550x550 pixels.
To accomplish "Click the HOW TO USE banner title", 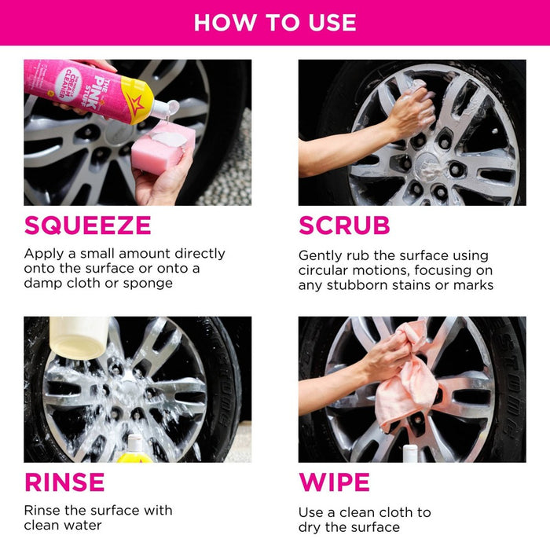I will coord(274,22).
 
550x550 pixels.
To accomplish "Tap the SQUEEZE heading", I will coord(87,225).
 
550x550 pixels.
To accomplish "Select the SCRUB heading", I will coord(344,225).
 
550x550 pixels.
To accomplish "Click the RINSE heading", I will coord(64,482).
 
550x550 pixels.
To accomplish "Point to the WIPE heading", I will coord(334,482).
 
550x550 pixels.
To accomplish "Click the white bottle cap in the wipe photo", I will coord(409,453).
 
